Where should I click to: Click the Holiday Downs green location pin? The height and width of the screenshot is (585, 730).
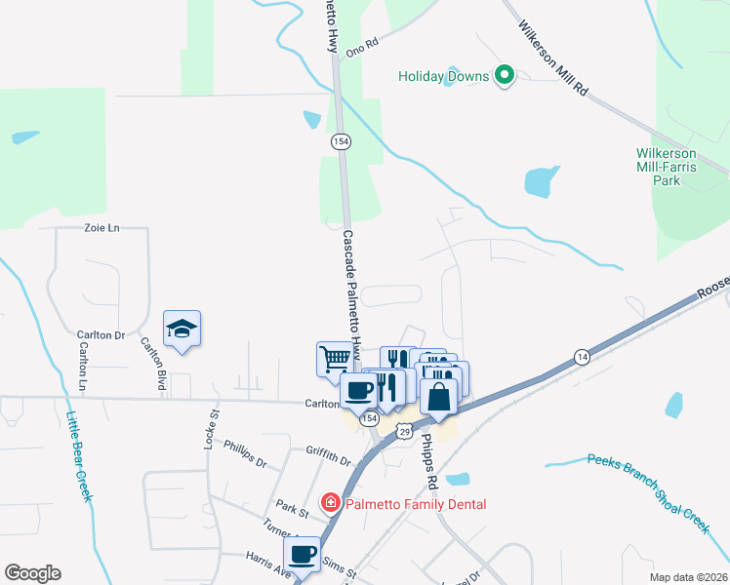coord(505,74)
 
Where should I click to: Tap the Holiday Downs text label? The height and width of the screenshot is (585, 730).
coord(445,76)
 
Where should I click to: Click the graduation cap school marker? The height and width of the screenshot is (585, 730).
coord(182,330)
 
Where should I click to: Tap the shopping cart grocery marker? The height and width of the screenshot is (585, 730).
coord(334,358)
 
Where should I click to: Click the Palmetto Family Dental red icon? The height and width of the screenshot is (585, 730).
coord(331,503)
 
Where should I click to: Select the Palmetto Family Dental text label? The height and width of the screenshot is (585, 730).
coord(414,504)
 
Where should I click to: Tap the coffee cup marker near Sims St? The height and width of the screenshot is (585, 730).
coord(303,554)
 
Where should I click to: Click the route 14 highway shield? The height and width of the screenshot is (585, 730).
coord(581,357)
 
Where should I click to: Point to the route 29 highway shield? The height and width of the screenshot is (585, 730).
coord(404,430)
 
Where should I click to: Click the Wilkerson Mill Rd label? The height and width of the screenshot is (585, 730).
coord(552,57)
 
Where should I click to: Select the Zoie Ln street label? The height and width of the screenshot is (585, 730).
coord(101,228)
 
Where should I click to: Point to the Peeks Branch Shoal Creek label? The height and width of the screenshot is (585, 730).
coord(648,491)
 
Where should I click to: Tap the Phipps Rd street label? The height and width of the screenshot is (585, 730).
coord(427,456)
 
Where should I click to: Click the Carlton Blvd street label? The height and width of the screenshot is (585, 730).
coord(151,360)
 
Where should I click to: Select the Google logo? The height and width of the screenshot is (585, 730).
coord(32,573)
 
